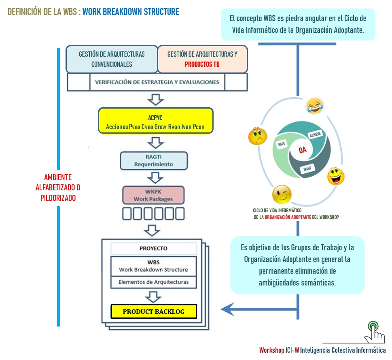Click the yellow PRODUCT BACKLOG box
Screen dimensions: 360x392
click(154, 311)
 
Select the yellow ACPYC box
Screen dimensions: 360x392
click(155, 120)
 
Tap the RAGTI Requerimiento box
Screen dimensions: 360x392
click(154, 160)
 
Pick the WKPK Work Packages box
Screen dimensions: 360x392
click(153, 195)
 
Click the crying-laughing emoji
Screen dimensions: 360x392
click(312, 106)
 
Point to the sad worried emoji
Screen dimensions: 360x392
click(257, 136)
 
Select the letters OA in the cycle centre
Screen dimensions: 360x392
click(302, 150)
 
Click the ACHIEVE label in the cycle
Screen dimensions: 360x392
click(315, 135)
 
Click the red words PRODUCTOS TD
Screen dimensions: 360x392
click(202, 64)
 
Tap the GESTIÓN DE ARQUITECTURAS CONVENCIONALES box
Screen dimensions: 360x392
click(112, 59)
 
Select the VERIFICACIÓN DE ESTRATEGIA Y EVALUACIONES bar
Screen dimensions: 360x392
click(157, 82)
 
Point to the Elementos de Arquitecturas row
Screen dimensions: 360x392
click(153, 282)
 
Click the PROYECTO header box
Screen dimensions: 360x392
click(153, 248)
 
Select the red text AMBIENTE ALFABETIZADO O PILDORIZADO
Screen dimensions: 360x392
click(58, 187)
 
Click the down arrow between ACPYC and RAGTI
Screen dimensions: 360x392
click(155, 143)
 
